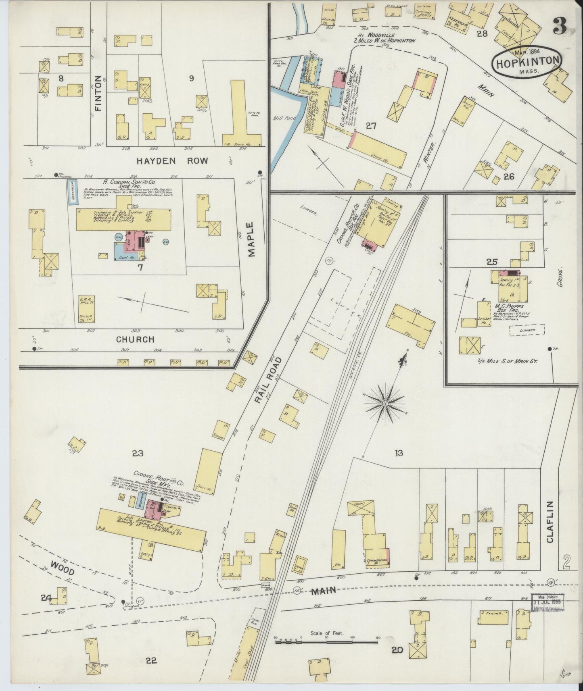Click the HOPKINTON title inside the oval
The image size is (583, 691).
(x=527, y=62)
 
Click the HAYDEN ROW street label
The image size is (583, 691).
(x=172, y=161)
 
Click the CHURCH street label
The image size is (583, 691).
(x=135, y=339)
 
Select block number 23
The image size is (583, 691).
(x=138, y=454)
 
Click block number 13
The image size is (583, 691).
(x=399, y=454)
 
